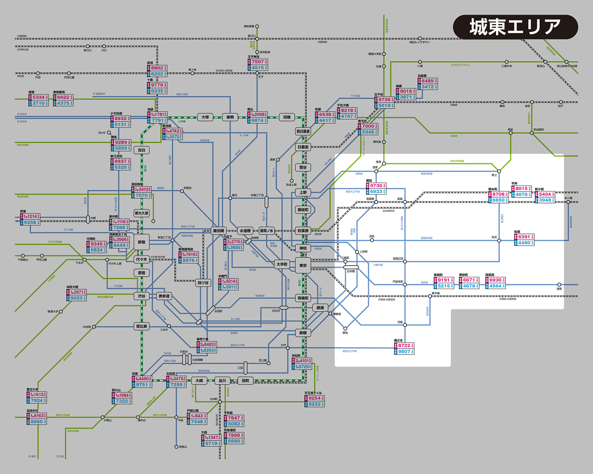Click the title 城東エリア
point(515,27)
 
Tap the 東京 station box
point(303,265)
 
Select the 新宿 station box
point(141,242)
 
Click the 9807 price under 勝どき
point(404,352)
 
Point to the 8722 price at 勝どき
point(404,346)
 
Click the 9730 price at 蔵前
point(376,186)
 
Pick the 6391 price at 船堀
point(524,237)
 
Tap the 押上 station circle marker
point(499,171)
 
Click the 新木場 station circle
point(430,296)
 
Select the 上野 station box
point(303,192)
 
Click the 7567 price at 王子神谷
point(258,62)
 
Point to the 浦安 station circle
point(559,285)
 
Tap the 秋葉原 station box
point(303,231)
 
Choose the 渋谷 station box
point(141,296)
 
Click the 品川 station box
point(222,381)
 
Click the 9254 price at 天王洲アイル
point(314,398)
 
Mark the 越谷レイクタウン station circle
point(420,39)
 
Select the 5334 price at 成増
point(39,97)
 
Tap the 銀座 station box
point(320,308)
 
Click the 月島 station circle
point(405,325)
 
